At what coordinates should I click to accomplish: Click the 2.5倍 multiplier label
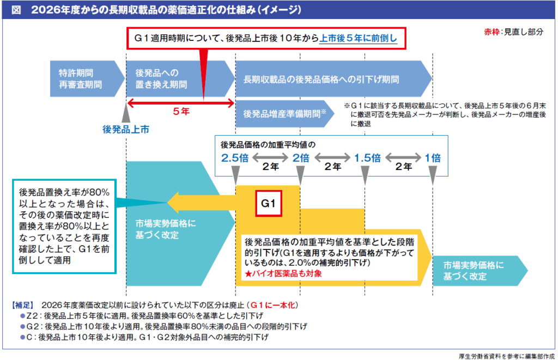(234, 158)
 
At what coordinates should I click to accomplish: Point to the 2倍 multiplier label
(300, 158)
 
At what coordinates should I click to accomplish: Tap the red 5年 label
(181, 111)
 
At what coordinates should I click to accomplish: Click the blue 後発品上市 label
(126, 130)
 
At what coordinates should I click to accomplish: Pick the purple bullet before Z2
(22, 315)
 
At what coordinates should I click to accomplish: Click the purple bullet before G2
(22, 326)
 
